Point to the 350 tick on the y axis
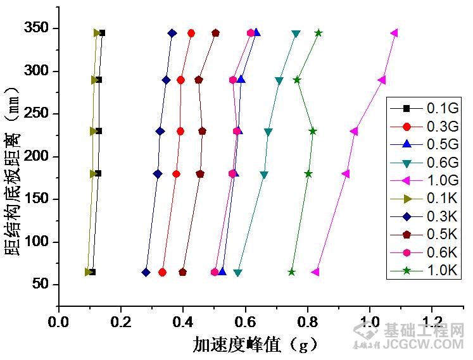click(40, 28)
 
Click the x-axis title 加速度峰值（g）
click(253, 344)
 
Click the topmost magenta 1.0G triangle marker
click(394, 33)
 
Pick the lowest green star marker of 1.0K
click(292, 272)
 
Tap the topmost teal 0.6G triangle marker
click(296, 34)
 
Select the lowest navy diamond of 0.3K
click(146, 272)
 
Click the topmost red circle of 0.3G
click(191, 33)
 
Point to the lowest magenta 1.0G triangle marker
click(315, 272)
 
